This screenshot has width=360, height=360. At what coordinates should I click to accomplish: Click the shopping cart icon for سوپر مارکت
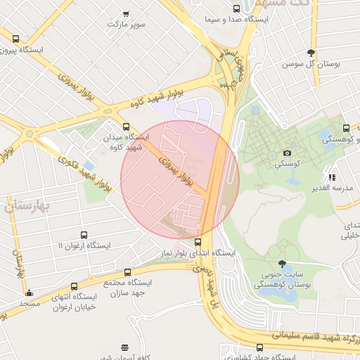pyautogui.click(x=126, y=13)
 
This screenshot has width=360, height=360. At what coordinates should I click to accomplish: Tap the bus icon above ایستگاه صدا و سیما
pyautogui.click(x=236, y=9)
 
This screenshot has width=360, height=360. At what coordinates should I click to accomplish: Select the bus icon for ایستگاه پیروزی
pyautogui.click(x=16, y=39)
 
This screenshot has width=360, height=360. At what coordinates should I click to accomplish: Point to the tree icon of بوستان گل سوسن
pyautogui.click(x=311, y=53)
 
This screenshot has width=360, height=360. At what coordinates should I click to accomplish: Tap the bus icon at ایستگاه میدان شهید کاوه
pyautogui.click(x=126, y=127)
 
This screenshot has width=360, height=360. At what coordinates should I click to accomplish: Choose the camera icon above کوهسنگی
pyautogui.click(x=287, y=153)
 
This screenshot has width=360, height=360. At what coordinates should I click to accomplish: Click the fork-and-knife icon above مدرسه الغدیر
pyautogui.click(x=332, y=177)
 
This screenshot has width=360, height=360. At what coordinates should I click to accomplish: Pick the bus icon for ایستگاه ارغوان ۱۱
pyautogui.click(x=84, y=236)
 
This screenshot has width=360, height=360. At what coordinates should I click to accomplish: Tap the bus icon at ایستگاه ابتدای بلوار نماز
pyautogui.click(x=198, y=242)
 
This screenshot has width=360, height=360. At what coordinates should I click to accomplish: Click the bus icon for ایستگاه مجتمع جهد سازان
pyautogui.click(x=127, y=272)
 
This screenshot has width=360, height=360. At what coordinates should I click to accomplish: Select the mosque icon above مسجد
pyautogui.click(x=29, y=293)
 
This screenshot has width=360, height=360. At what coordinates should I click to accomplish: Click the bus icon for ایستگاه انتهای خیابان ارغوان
pyautogui.click(x=74, y=286)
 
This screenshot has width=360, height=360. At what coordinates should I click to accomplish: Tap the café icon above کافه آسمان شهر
pyautogui.click(x=125, y=347)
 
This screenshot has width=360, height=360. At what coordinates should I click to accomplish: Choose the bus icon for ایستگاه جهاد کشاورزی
pyautogui.click(x=260, y=347)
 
